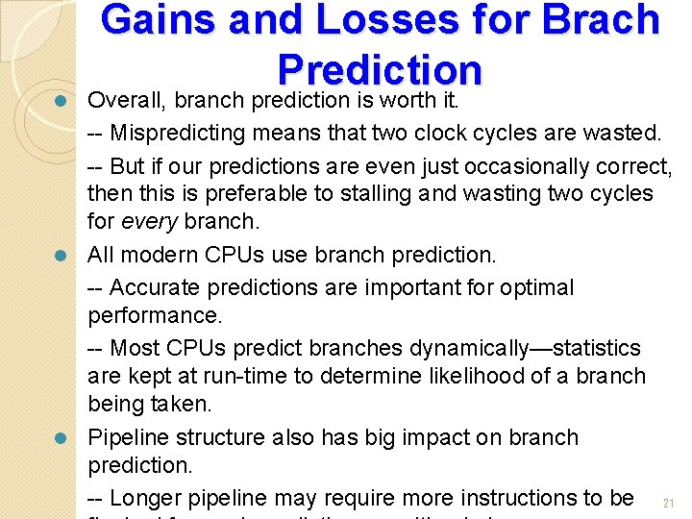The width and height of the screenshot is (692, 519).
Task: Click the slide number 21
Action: coord(670,502)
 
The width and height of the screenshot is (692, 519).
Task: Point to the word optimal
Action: coord(532,286)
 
